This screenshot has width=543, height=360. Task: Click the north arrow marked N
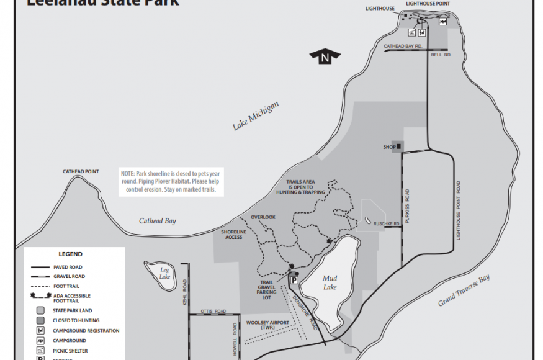point(325,58)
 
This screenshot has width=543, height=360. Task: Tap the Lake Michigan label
point(256,116)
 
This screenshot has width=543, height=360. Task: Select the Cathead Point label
point(81,171)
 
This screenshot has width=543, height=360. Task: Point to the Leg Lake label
point(164,273)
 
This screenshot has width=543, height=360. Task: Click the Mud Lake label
point(330,283)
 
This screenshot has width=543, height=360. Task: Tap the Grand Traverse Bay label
point(464,290)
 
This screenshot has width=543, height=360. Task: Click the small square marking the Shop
point(399,147)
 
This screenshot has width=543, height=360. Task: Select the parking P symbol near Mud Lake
point(294,281)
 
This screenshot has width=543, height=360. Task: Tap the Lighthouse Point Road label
point(459,210)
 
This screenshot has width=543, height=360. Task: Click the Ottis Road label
point(213,311)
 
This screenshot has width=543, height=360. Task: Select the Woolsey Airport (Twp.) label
point(268,325)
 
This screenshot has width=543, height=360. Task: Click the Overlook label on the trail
point(263,217)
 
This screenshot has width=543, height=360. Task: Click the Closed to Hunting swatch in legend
point(40,320)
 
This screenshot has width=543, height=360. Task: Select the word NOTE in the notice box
point(127,174)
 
